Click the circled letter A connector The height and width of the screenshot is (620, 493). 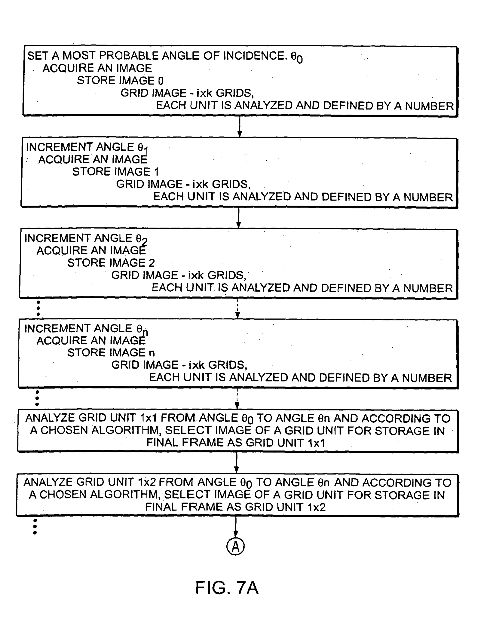(235, 546)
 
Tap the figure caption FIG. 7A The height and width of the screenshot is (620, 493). (227, 588)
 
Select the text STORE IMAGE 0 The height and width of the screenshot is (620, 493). (120, 80)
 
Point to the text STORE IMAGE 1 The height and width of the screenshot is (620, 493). (115, 172)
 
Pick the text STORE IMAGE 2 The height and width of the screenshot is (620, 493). (111, 263)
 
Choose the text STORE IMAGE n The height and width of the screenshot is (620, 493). (111, 353)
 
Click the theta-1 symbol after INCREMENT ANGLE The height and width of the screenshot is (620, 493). (143, 148)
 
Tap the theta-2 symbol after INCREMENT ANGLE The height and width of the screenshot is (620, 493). (141, 239)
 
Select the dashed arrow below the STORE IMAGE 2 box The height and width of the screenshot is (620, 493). (238, 309)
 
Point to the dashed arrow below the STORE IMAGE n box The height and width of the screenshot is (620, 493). (237, 399)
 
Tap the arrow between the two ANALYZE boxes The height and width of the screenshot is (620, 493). (237, 463)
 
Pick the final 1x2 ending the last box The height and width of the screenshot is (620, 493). (316, 507)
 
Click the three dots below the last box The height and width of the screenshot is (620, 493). (35, 526)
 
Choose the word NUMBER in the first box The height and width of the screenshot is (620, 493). (429, 106)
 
